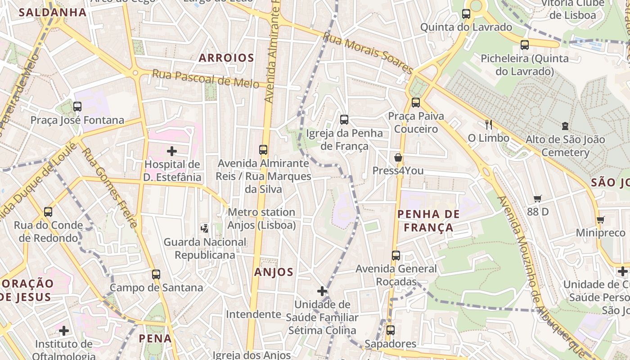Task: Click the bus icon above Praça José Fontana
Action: [x=77, y=107]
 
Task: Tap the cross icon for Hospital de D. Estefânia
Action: [x=172, y=151]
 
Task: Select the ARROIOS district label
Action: [x=226, y=58]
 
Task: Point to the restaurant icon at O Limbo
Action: [x=488, y=124]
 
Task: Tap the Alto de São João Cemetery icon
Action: [x=565, y=126]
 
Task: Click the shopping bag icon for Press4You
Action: [x=398, y=157]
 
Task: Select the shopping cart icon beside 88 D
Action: [x=537, y=198]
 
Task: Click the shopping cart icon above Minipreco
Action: [x=600, y=220]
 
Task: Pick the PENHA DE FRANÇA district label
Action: [x=428, y=220]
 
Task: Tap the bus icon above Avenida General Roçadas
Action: [x=396, y=256]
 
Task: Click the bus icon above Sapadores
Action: [x=390, y=330]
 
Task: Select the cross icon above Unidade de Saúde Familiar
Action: [x=322, y=291]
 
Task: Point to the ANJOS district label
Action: [x=274, y=272]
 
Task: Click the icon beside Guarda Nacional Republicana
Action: [x=205, y=228]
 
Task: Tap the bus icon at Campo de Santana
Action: [x=156, y=274]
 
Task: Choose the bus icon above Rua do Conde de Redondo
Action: [x=48, y=211]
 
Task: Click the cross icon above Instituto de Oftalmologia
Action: [x=64, y=331]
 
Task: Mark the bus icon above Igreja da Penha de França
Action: [x=344, y=119]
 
